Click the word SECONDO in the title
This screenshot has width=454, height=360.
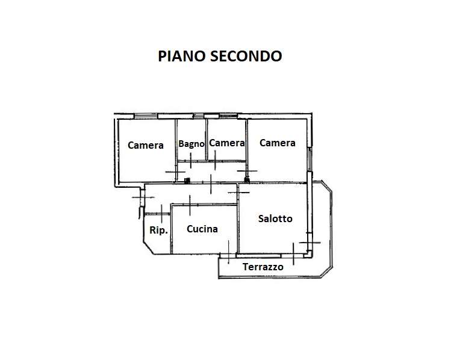(x=245, y=56)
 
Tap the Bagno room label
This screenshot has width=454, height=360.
(x=191, y=144)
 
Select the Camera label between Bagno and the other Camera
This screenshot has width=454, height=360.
(x=226, y=143)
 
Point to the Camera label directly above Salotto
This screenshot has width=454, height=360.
(x=277, y=143)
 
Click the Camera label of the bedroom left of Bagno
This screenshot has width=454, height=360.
(x=146, y=145)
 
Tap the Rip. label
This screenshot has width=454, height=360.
(x=158, y=230)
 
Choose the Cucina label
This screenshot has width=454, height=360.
(x=202, y=229)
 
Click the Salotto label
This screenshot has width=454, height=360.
(x=275, y=219)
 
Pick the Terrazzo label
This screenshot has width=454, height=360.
(x=263, y=267)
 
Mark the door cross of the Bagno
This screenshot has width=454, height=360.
(x=190, y=160)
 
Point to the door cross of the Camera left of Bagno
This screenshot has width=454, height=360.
(x=175, y=172)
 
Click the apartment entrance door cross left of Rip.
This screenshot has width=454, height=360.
(x=143, y=196)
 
